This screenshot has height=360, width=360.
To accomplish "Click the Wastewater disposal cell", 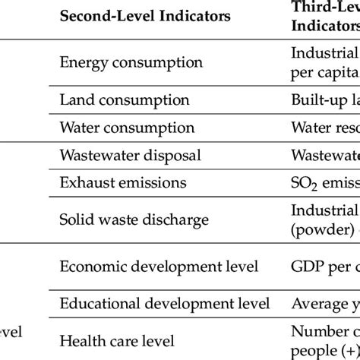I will [x=130, y=155].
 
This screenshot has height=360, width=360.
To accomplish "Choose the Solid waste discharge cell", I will [x=134, y=219].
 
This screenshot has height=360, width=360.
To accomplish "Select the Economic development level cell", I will [x=159, y=267].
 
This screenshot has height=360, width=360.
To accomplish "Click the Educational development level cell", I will [x=164, y=304].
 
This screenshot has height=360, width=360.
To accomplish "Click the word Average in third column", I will [x=318, y=304].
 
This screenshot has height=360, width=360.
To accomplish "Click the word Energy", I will [x=81, y=62].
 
